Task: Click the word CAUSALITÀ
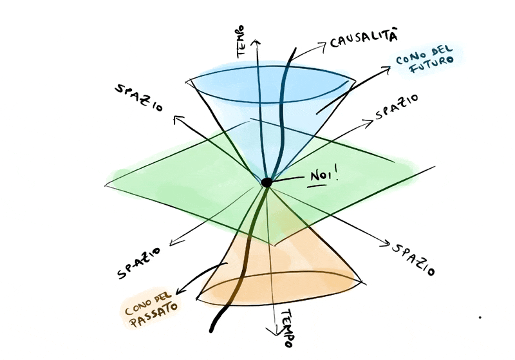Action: (363, 39)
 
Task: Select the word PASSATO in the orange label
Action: (154, 315)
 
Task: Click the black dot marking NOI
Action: (267, 182)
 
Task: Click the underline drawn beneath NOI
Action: (317, 186)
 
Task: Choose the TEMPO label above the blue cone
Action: (241, 42)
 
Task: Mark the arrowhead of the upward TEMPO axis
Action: (256, 43)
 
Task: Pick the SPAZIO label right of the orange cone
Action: (413, 260)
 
